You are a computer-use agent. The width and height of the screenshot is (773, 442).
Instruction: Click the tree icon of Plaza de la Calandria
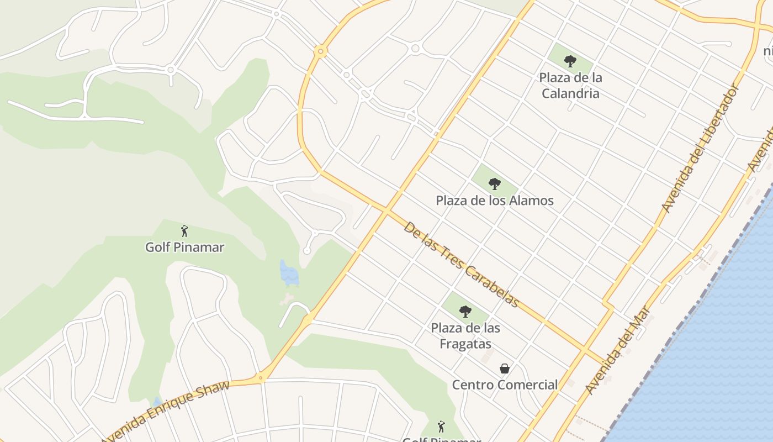570,61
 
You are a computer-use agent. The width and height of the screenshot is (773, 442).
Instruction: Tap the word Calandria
570,93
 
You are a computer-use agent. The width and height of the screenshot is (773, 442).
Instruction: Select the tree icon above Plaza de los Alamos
495,183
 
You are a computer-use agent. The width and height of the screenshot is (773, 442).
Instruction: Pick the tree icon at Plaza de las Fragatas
465,311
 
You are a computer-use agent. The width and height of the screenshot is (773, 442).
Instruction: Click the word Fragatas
465,344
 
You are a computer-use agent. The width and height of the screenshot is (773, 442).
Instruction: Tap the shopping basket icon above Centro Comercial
504,368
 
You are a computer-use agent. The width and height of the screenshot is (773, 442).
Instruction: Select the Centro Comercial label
505,385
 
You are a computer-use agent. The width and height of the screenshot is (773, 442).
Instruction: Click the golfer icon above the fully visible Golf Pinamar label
184,230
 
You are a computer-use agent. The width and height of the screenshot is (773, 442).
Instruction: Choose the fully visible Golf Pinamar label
184,247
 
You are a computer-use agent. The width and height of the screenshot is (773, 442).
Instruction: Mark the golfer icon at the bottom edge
441,426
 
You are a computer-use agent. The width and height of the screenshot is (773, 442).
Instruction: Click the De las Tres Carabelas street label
461,264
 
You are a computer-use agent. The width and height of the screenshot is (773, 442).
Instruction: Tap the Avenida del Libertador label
700,148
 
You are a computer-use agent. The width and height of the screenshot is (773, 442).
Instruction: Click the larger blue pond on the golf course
289,272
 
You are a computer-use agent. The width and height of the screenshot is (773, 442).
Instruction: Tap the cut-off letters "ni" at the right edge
768,51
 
